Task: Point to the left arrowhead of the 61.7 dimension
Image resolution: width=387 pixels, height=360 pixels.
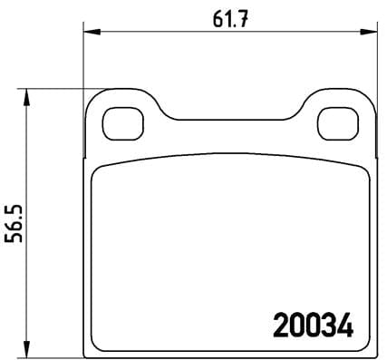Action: tap(87, 33)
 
